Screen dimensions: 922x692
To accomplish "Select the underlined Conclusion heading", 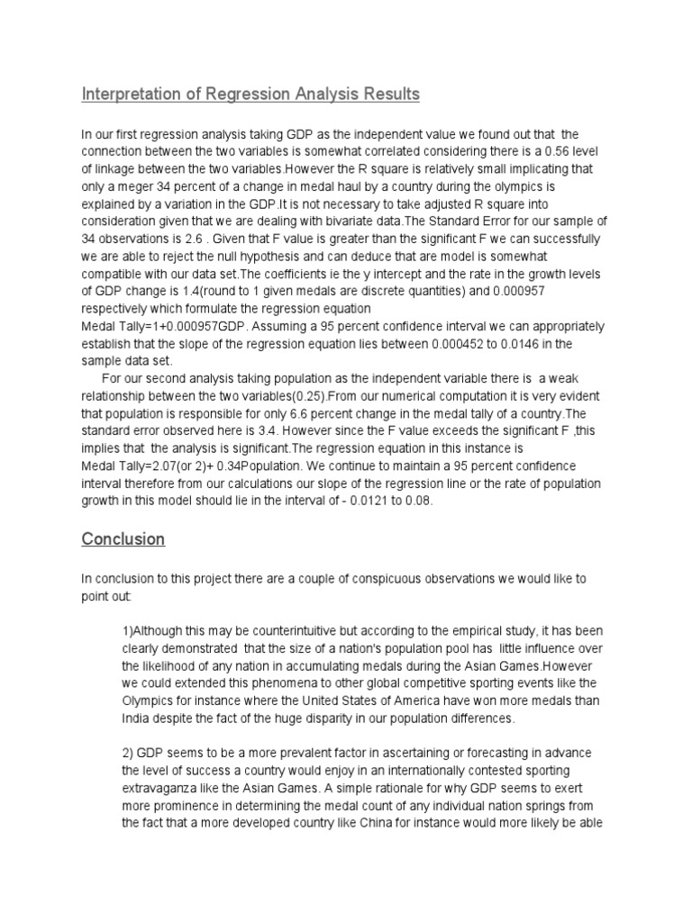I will [123, 539].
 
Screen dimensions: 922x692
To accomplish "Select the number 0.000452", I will [467, 342].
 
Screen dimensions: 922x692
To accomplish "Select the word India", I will [137, 719].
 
